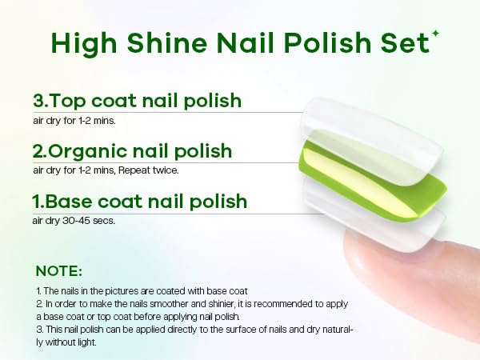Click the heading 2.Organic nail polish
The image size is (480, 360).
(132, 150)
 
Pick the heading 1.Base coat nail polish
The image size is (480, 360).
(140, 201)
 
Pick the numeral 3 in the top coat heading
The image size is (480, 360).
(38, 102)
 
